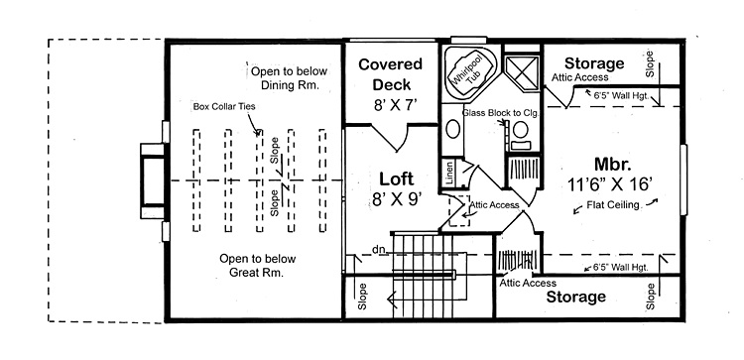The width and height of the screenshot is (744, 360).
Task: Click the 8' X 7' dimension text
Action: pyautogui.click(x=390, y=103)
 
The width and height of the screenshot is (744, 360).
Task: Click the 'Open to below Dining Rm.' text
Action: pyautogui.click(x=287, y=78)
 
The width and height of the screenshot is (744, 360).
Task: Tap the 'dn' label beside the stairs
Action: pyautogui.click(x=378, y=249)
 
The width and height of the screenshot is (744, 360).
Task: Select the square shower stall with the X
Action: pyautogui.click(x=521, y=69)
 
